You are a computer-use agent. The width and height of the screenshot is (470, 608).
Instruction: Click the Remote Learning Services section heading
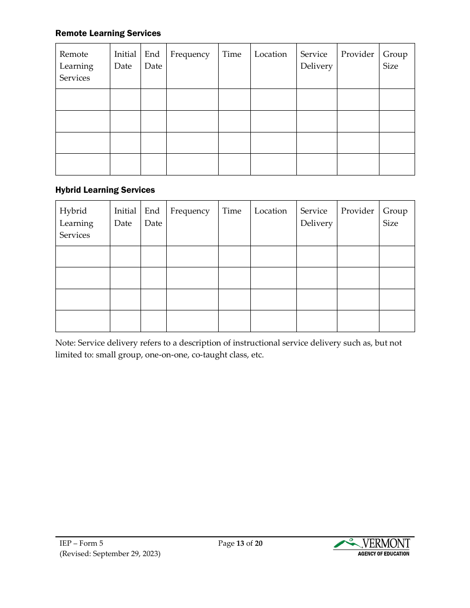point(108,33)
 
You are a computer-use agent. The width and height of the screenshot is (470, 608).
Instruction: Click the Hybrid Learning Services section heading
point(105,190)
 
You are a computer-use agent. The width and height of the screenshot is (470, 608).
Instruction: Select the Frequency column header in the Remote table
point(190,54)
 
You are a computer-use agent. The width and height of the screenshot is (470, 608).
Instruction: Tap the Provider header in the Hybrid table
point(357,211)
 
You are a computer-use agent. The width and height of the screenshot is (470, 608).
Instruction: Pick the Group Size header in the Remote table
point(395,60)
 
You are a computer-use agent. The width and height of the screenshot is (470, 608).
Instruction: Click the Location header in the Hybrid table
point(271,211)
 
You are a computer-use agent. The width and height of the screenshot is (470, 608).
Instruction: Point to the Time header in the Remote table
point(232,54)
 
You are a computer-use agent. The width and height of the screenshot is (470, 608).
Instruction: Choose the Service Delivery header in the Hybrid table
point(316,217)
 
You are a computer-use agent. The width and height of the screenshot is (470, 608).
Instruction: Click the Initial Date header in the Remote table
point(125,60)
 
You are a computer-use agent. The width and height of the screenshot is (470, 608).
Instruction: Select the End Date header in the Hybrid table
point(153,217)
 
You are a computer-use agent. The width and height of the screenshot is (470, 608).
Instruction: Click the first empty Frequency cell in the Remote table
point(192,99)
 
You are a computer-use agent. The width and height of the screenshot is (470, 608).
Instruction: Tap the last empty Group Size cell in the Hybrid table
point(397,321)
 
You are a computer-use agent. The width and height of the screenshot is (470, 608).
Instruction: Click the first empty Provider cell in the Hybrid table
point(358,257)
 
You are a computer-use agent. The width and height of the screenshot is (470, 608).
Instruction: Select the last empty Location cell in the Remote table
point(273,164)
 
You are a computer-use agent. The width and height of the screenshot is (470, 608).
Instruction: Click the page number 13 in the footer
point(240,543)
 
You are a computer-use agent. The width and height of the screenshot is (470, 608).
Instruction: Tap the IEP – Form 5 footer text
point(81,543)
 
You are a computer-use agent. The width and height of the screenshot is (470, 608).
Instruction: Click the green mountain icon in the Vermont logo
point(346,543)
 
